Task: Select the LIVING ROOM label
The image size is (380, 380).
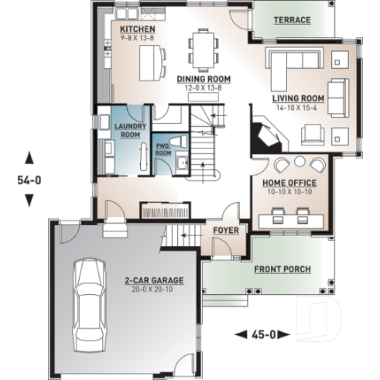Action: [296, 99]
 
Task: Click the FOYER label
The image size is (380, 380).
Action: [227, 230]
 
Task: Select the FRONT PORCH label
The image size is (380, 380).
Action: [282, 269]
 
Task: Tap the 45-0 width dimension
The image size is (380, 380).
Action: [261, 335]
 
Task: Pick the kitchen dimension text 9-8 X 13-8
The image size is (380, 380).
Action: [137, 37]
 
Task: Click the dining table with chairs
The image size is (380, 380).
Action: [203, 48]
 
